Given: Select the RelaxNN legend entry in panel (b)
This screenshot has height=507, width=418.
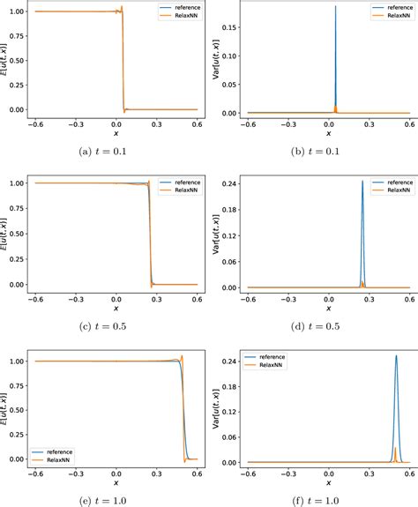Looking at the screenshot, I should [x=393, y=16].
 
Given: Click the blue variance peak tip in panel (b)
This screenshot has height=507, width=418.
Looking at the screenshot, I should [x=335, y=6].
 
